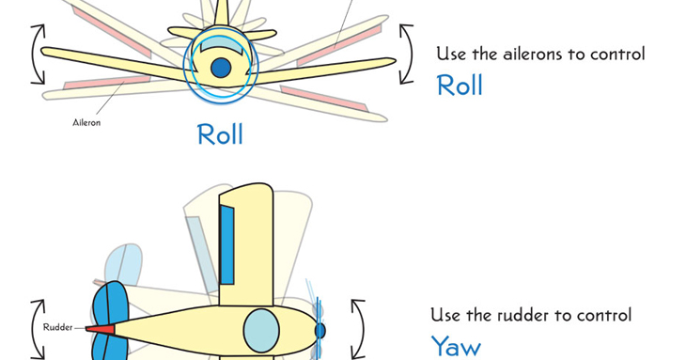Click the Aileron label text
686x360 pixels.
86,122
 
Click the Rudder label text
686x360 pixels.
57,327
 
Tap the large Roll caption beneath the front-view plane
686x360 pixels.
220,134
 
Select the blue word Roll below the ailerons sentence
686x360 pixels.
460,86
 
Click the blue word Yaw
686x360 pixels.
456,347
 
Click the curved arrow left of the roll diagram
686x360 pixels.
37,55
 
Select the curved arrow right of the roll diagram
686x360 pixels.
406,54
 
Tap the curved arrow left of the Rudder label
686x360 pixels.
37,329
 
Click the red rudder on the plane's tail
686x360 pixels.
101,329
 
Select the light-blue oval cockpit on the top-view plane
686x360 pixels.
261,331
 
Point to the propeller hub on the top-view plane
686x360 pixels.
320,331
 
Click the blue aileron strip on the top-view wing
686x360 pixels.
226,244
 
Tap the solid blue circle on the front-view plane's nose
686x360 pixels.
221,68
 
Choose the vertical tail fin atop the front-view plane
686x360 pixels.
221,13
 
